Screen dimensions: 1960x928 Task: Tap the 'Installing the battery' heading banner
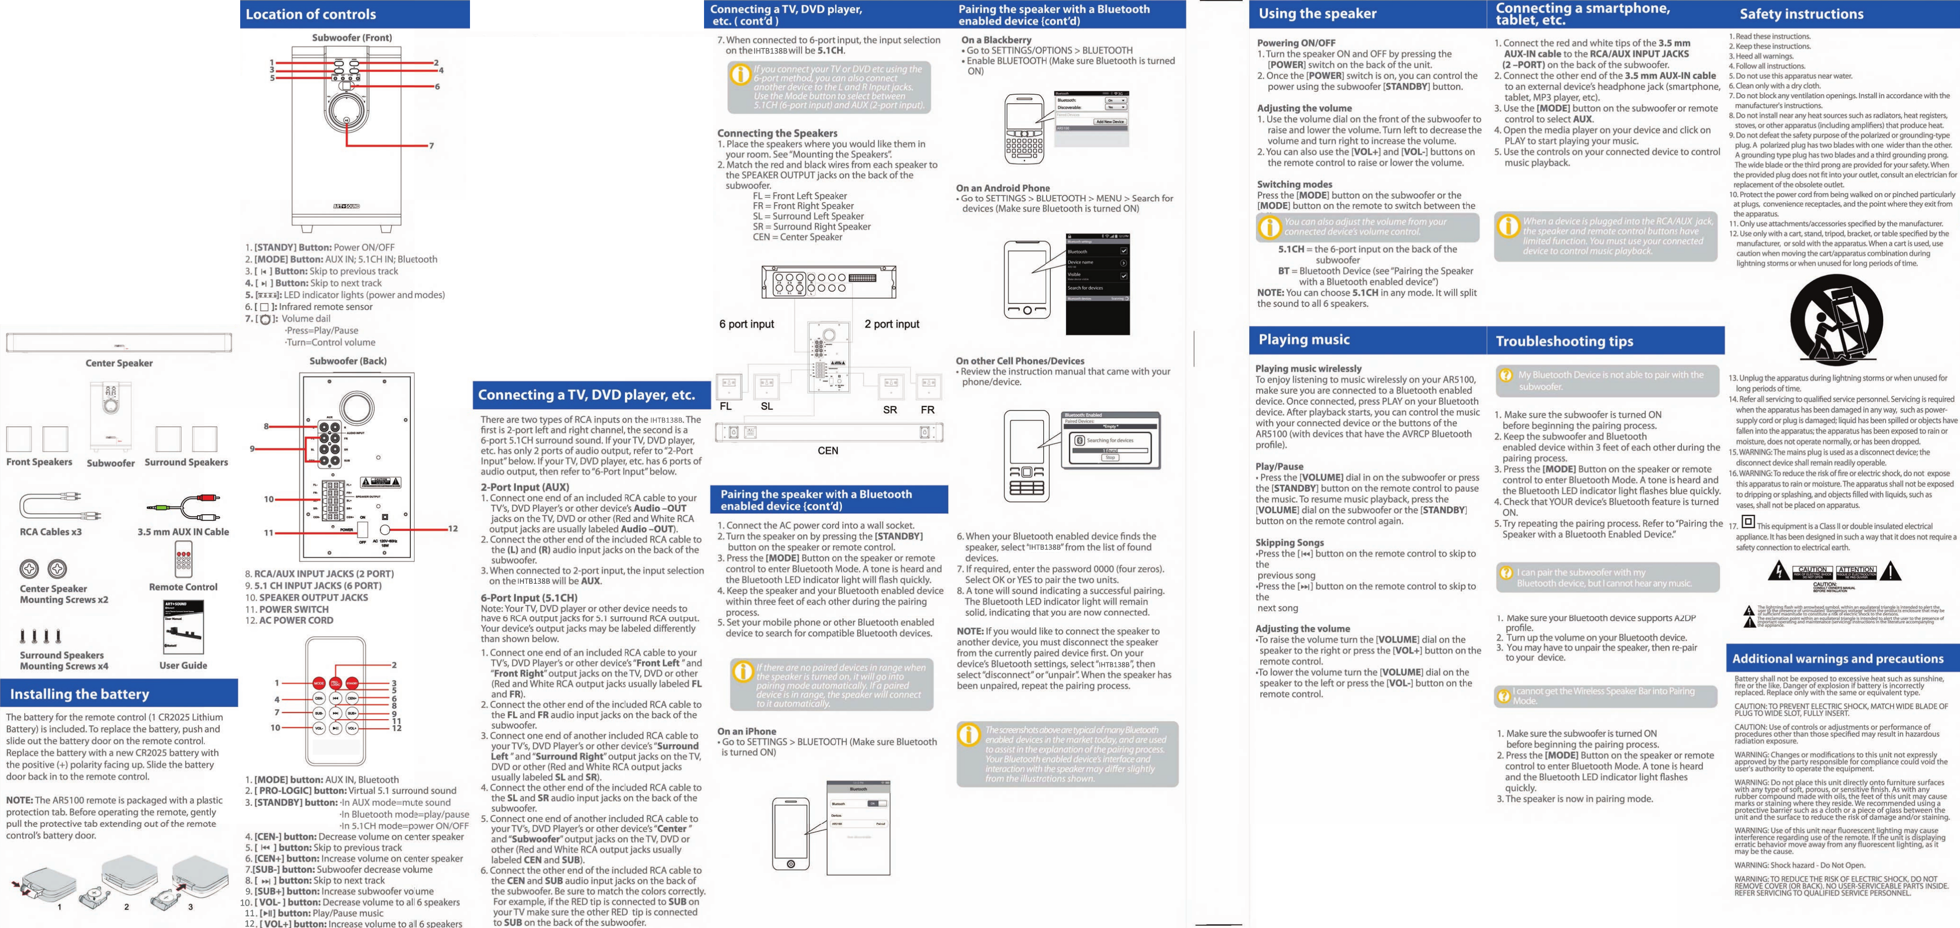(x=79, y=694)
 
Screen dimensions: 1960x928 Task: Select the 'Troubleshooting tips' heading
(x=1564, y=341)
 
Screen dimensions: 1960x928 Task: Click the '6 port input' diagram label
(x=746, y=324)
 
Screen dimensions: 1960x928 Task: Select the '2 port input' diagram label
(x=892, y=324)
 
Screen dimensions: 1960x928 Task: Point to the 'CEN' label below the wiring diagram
(x=828, y=451)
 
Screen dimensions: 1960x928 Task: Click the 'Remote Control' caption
(x=183, y=587)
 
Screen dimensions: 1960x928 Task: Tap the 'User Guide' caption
(x=183, y=666)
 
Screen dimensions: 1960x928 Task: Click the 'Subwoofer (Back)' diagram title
(x=348, y=361)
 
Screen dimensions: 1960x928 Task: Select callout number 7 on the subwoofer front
(x=432, y=145)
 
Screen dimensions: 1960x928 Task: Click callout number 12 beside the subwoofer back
(x=453, y=529)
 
